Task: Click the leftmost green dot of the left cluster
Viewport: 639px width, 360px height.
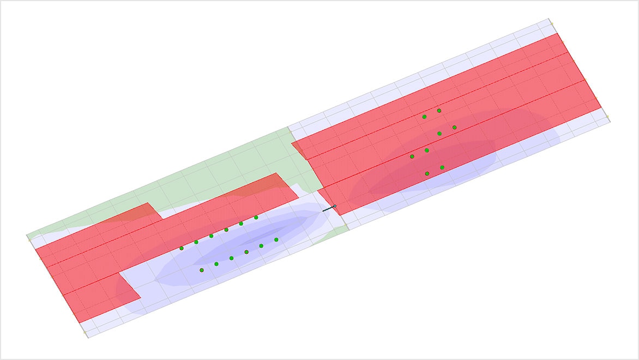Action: [x=182, y=248]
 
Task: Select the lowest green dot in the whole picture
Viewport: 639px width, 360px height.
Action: [x=202, y=270]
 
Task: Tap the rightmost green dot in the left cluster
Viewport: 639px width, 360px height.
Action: [x=276, y=239]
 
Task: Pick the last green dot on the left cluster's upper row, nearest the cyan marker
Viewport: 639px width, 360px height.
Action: [x=256, y=217]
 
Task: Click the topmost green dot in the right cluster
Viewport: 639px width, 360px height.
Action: [x=439, y=110]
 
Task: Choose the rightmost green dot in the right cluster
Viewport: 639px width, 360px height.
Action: [x=454, y=127]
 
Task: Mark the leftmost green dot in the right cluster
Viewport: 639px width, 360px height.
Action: [x=412, y=157]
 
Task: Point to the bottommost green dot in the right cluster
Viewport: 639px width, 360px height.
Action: [x=427, y=173]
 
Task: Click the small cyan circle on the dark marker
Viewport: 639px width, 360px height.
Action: [x=335, y=206]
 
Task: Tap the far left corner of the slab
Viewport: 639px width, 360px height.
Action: [x=27, y=236]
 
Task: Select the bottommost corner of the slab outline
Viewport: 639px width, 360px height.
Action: [x=87, y=337]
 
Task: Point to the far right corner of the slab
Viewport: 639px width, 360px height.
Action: [x=610, y=121]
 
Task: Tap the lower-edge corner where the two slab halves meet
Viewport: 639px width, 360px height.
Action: [x=348, y=229]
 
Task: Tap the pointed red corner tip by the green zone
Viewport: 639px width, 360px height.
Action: [x=292, y=143]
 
